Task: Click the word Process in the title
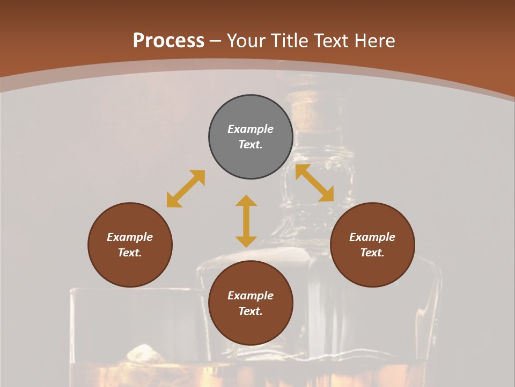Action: [168, 41]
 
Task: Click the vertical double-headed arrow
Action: [246, 221]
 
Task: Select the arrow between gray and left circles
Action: [186, 189]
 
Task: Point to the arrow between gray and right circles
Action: [315, 183]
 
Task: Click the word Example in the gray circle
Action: [251, 129]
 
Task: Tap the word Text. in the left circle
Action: [130, 253]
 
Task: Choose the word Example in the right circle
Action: [372, 237]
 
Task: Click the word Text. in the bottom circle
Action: [251, 311]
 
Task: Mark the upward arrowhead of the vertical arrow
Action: [246, 201]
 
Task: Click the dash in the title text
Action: [215, 41]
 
